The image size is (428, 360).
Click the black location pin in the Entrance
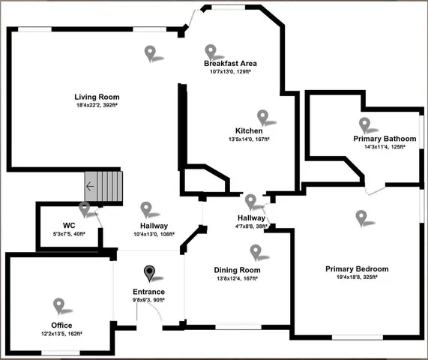point(150,273)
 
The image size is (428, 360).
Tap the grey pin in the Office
point(59,304)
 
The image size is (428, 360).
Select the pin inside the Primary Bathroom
point(365,124)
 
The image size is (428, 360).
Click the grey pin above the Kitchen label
point(263,116)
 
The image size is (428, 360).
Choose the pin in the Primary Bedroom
point(362,217)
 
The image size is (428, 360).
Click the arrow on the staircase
point(90,187)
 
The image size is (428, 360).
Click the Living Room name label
point(97,97)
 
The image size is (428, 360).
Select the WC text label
point(69,225)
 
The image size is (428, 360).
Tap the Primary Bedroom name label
point(356,268)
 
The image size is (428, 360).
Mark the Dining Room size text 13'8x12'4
point(226,278)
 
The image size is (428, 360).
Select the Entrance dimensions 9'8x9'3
point(144,300)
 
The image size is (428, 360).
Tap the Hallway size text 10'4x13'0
point(142,234)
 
